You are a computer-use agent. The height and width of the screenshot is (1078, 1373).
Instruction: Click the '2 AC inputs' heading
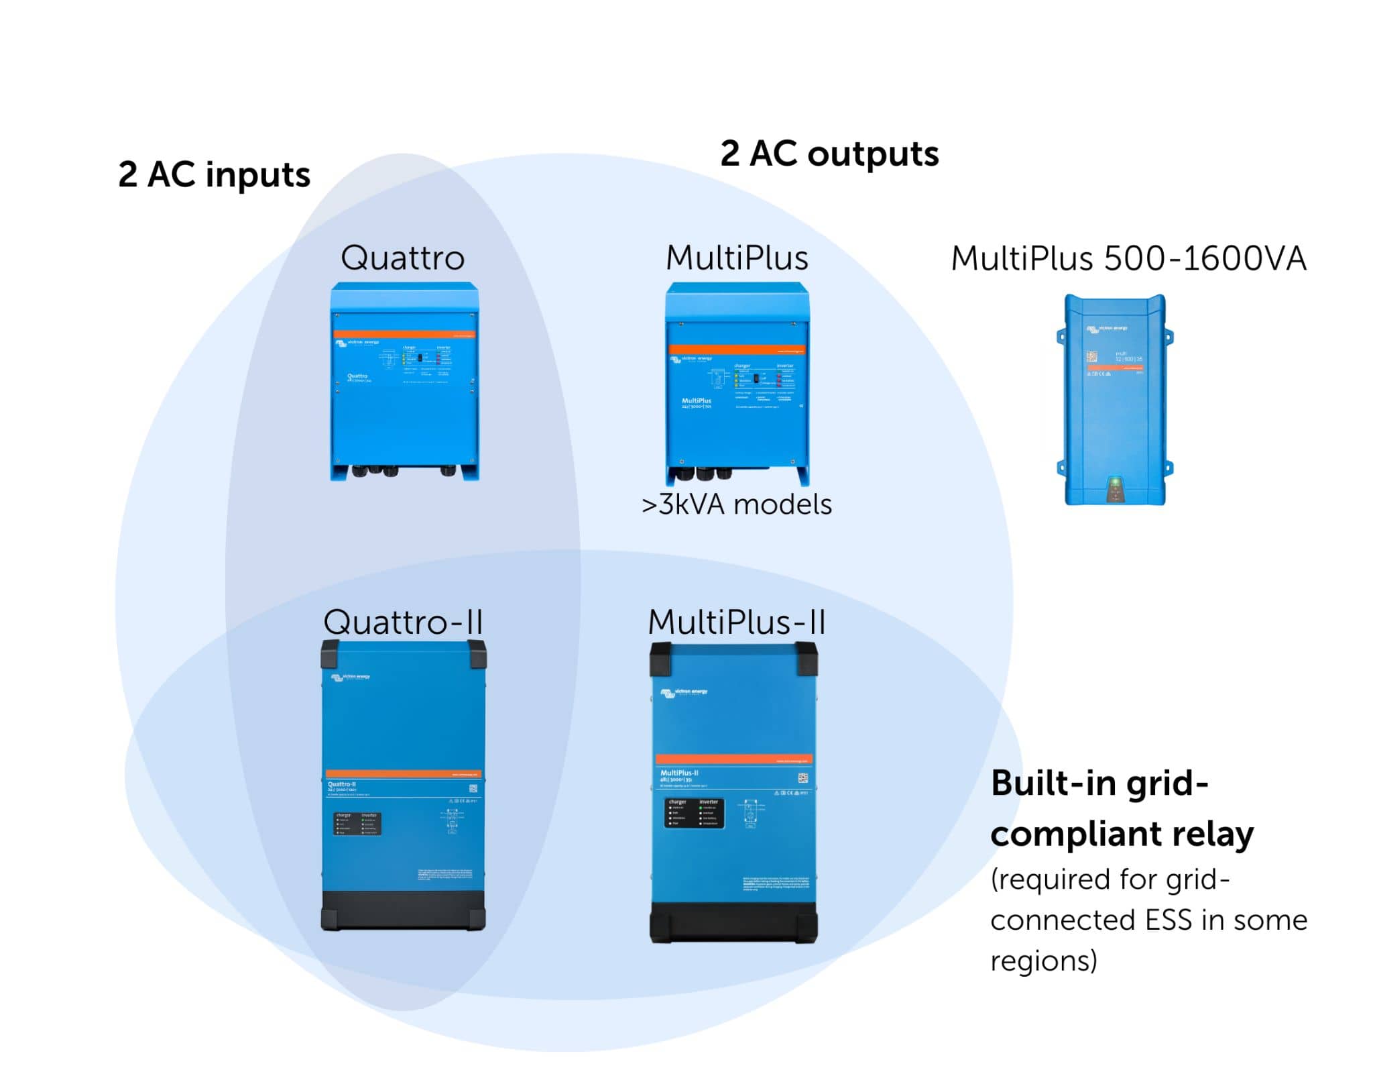pyautogui.click(x=214, y=174)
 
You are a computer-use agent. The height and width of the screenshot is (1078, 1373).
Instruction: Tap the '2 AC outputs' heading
pyautogui.click(x=829, y=154)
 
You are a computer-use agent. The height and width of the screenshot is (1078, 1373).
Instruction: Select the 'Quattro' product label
pyautogui.click(x=402, y=258)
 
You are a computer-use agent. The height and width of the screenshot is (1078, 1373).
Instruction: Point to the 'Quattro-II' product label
pyautogui.click(x=403, y=622)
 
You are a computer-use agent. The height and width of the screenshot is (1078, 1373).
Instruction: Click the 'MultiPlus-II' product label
pyautogui.click(x=736, y=622)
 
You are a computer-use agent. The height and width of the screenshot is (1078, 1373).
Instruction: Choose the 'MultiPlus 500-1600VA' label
pyautogui.click(x=1128, y=259)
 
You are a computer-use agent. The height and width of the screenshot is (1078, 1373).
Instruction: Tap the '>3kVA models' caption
pyautogui.click(x=736, y=504)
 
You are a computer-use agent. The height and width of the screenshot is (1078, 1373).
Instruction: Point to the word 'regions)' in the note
pyautogui.click(x=1043, y=961)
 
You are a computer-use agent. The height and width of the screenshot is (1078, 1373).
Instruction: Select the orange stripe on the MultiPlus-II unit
pyautogui.click(x=734, y=759)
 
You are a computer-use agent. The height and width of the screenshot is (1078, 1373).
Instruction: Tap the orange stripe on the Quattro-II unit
pyautogui.click(x=403, y=774)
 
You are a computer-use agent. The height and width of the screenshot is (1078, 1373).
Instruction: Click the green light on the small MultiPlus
pyautogui.click(x=1114, y=482)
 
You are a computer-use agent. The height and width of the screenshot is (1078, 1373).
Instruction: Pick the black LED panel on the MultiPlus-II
pyautogui.click(x=694, y=812)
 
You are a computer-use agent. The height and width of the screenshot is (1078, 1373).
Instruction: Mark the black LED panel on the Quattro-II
pyautogui.click(x=357, y=824)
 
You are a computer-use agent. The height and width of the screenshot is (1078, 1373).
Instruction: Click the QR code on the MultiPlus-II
pyautogui.click(x=802, y=778)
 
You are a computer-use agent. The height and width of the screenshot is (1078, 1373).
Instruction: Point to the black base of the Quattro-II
pyautogui.click(x=403, y=910)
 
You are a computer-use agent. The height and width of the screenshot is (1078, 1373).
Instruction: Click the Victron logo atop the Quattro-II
pyautogui.click(x=350, y=678)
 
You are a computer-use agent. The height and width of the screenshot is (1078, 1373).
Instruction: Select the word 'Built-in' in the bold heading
pyautogui.click(x=1050, y=783)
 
